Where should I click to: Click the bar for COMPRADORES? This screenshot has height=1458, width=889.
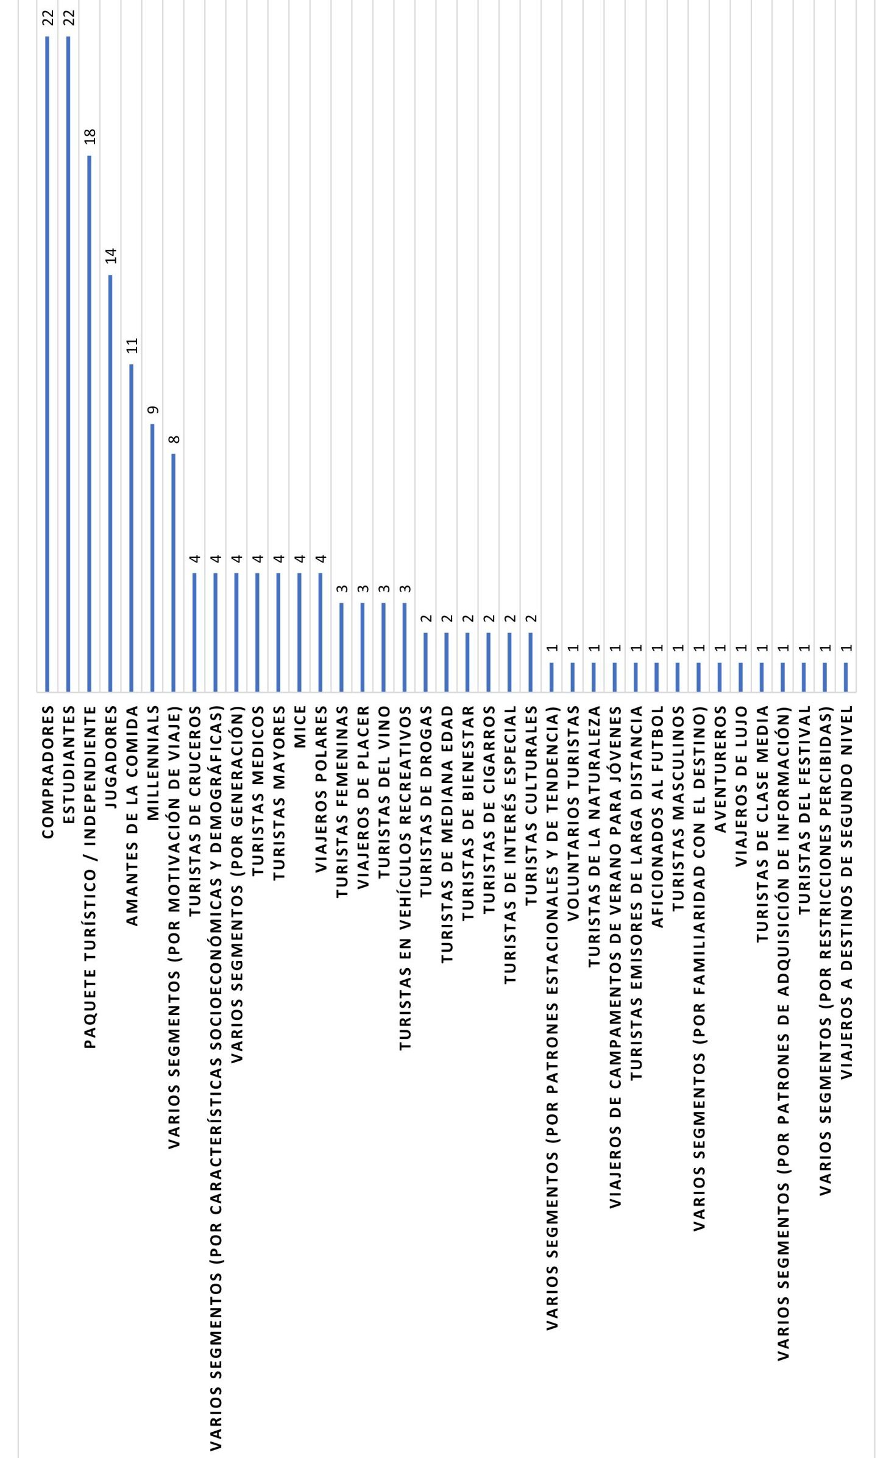point(47,364)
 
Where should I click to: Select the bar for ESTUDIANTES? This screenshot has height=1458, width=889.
point(68,364)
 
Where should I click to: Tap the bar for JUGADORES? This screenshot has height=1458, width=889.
point(110,483)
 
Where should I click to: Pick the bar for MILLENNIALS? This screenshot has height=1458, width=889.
point(152,557)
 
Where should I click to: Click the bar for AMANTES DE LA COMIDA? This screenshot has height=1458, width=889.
point(131,528)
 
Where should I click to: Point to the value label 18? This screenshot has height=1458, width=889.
point(90,136)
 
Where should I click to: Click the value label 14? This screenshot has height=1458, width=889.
point(111,256)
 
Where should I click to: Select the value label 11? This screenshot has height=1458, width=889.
point(132,345)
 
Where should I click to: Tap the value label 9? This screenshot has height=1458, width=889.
point(153,409)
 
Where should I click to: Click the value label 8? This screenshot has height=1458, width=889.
point(174,439)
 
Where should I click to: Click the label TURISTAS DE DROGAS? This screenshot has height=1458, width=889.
point(425,801)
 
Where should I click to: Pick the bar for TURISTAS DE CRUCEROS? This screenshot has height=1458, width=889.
point(194,632)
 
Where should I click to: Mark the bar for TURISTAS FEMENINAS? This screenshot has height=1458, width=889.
point(341,647)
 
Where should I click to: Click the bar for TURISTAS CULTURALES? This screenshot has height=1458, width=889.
point(530,662)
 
